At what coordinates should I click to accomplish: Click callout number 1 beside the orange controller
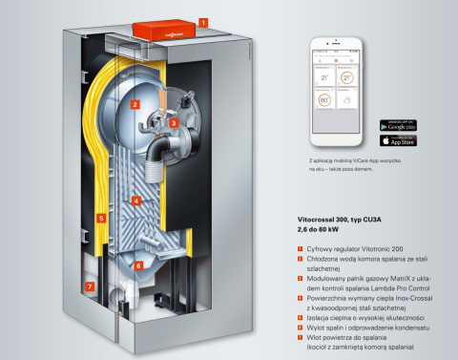coord(203,18)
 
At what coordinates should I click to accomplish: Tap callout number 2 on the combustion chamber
coord(135,103)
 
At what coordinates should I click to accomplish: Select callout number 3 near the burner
coord(174,122)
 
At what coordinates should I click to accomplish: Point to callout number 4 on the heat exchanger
coord(135,201)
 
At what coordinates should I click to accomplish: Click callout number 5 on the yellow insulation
coord(100,218)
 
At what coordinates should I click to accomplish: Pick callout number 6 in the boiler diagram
coord(137,265)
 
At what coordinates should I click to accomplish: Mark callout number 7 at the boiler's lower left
coord(90,286)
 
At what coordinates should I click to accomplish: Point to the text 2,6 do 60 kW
coord(320,230)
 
